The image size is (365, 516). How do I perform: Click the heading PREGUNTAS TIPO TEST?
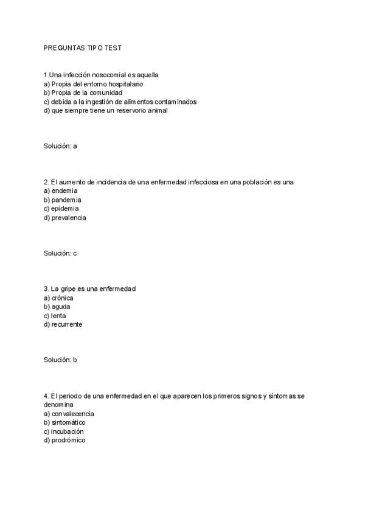tap(82, 47)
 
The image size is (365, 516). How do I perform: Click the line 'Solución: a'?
tap(60, 146)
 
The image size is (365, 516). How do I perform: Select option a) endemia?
tap(60, 190)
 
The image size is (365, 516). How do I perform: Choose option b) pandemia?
tap(62, 200)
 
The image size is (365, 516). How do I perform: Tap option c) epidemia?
tap(61, 208)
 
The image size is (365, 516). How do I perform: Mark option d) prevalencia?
tap(64, 217)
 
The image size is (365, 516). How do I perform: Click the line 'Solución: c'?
tap(60, 253)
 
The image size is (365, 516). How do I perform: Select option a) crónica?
tap(58, 298)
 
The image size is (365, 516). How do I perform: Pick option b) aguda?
tap(57, 307)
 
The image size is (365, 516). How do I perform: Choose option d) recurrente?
tap(63, 324)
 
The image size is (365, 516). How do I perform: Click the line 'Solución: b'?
tap(60, 360)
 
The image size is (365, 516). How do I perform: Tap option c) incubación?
tap(63, 431)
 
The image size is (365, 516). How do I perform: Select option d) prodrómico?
tap(64, 440)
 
